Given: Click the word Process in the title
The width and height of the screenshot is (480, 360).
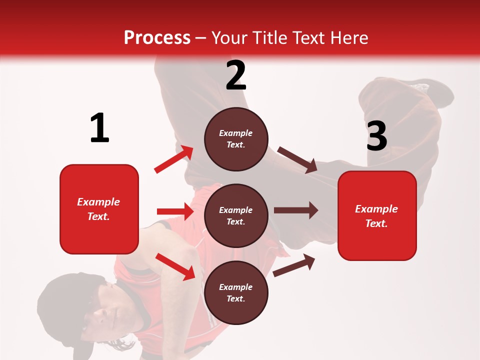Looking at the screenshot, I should pos(157,38).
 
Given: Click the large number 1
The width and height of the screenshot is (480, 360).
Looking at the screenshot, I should pos(99,128).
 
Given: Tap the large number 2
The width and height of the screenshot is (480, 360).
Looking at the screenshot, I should pos(236,75).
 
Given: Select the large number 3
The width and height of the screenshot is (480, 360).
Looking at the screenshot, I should pos(377,136).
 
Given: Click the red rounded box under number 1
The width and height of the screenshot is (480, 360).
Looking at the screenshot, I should pos(99,209).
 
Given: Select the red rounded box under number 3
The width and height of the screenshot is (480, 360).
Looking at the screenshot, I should pos(377,215).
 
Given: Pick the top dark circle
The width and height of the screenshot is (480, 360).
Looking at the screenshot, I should pos(236,139).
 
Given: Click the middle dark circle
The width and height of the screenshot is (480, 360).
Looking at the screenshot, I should pos(236,215).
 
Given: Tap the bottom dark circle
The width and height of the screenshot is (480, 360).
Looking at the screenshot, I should pos(236,292).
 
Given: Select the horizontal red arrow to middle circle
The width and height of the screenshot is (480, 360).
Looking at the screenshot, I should pos(175,211).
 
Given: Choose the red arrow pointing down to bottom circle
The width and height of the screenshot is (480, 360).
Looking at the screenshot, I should pos(175,266).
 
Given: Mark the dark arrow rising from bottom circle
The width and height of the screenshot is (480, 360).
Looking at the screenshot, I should pos(294,265).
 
